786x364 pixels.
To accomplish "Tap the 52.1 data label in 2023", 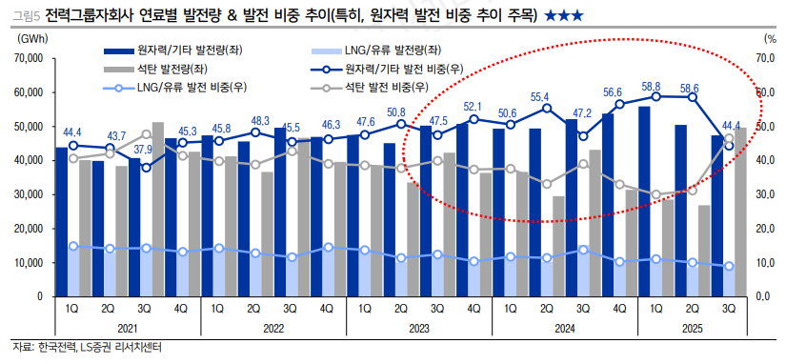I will pos(473,106).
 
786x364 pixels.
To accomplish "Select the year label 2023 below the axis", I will pos(418,328).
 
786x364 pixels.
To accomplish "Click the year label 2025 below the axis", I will pos(693,328).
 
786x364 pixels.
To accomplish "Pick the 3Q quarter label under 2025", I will pos(729,308).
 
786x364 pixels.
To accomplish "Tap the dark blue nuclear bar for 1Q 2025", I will pos(644,201).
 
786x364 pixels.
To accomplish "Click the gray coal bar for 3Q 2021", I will pos(158,209).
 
